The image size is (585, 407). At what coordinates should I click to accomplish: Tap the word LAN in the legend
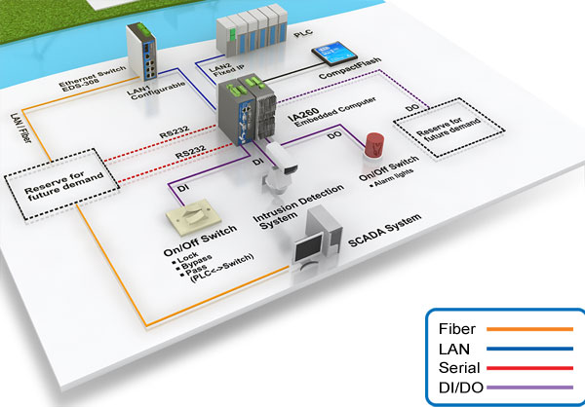pyautogui.click(x=455, y=349)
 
